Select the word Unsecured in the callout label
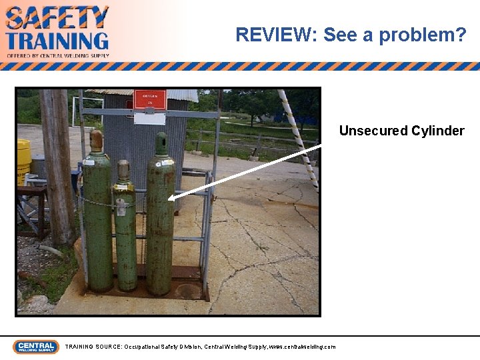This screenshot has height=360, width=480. click(373, 131)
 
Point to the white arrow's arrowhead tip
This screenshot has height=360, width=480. click(170, 198)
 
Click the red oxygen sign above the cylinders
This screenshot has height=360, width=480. click(149, 100)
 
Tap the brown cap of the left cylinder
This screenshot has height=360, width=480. click(97, 140)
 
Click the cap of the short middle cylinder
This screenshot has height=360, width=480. click(123, 169)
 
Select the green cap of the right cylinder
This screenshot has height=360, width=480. click(161, 143)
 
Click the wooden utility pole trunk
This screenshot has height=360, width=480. click(57, 167)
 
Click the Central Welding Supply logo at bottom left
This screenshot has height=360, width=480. click(36, 347)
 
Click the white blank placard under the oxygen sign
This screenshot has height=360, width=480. click(149, 118)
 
